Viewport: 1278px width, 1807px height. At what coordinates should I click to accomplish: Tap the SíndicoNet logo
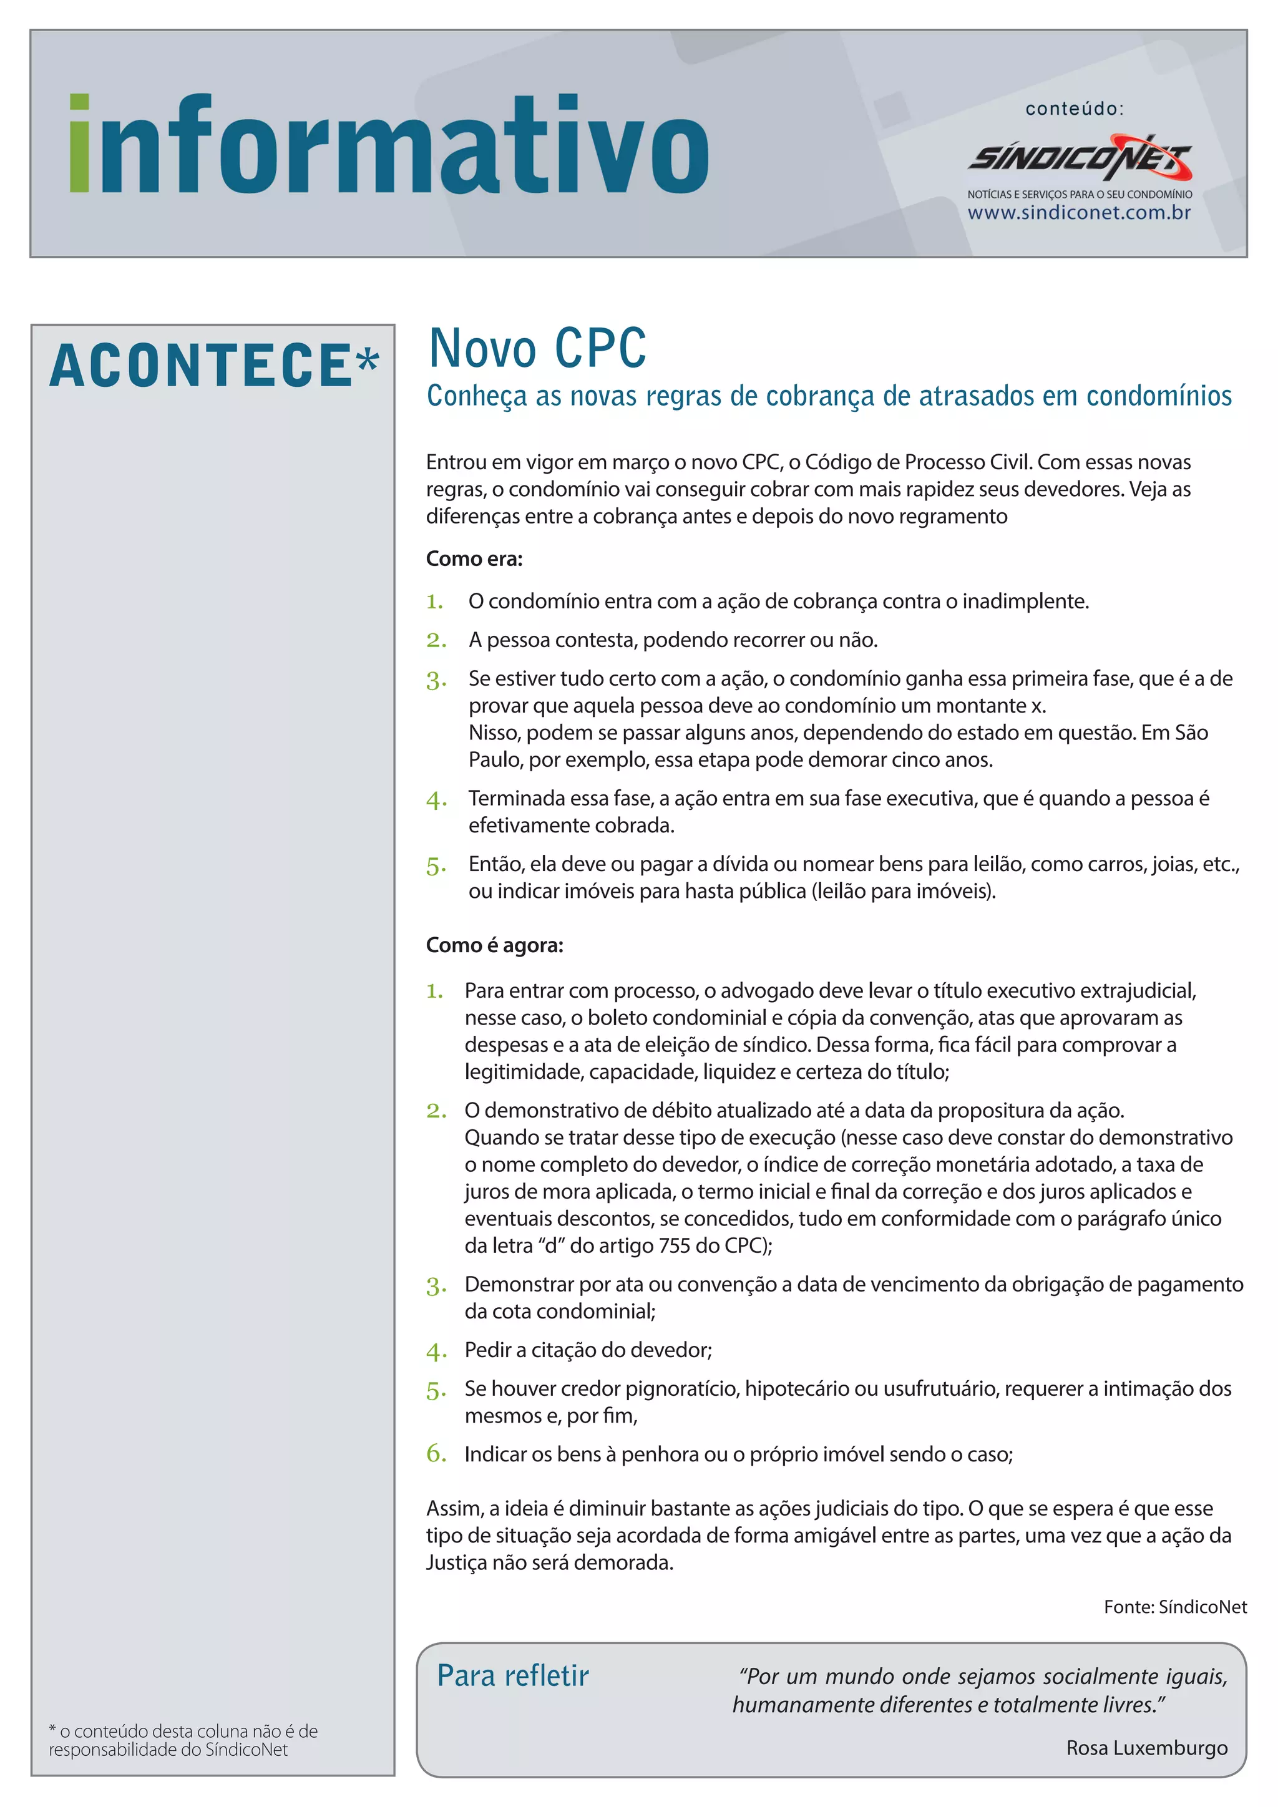[1079, 157]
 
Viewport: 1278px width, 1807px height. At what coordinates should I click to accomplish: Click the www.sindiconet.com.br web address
[1079, 213]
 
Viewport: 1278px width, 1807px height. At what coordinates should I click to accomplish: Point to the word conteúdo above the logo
[1074, 109]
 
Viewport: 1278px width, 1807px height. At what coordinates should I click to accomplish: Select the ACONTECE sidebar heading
[202, 366]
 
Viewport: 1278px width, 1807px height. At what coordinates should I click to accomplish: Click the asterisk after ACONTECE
[368, 361]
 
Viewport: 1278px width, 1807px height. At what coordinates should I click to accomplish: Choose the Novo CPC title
[537, 349]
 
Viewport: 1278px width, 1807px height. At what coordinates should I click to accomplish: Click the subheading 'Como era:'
[474, 559]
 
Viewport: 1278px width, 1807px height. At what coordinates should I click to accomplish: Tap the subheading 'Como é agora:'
[494, 945]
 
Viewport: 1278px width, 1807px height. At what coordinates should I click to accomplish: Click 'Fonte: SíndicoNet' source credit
[1175, 1606]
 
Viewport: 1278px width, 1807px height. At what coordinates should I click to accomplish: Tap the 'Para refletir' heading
[512, 1675]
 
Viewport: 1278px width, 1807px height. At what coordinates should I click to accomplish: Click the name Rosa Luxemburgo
[1146, 1747]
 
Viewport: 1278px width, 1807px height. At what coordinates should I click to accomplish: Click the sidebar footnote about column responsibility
[183, 1740]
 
